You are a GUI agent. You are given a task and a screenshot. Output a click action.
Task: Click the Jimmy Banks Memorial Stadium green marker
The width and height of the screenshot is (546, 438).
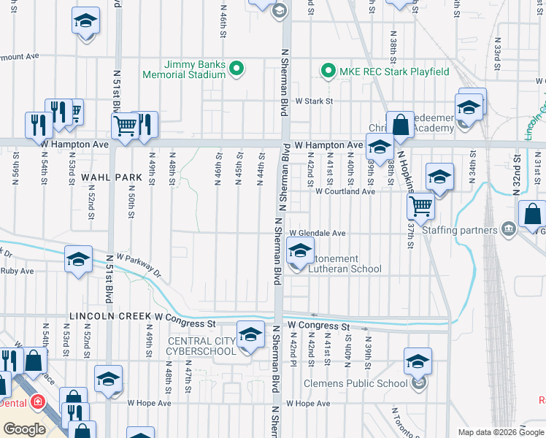(236, 70)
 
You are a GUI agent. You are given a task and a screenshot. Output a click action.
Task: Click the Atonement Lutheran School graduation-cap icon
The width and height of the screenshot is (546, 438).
(299, 251)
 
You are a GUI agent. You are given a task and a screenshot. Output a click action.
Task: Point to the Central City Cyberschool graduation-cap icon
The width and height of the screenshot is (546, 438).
(250, 335)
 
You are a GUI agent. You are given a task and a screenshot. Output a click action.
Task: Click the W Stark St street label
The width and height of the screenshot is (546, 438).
(314, 101)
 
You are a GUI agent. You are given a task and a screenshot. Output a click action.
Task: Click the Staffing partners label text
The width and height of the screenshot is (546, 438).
(461, 231)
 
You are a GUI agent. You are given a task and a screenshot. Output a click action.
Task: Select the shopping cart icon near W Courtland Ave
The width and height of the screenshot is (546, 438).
(420, 206)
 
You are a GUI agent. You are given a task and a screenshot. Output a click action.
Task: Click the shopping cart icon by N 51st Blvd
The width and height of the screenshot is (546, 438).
(126, 126)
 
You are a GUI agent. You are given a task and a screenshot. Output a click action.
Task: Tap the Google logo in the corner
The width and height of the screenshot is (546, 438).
(24, 429)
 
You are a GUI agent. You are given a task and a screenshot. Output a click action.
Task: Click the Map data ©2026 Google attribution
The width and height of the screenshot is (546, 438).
(501, 432)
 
